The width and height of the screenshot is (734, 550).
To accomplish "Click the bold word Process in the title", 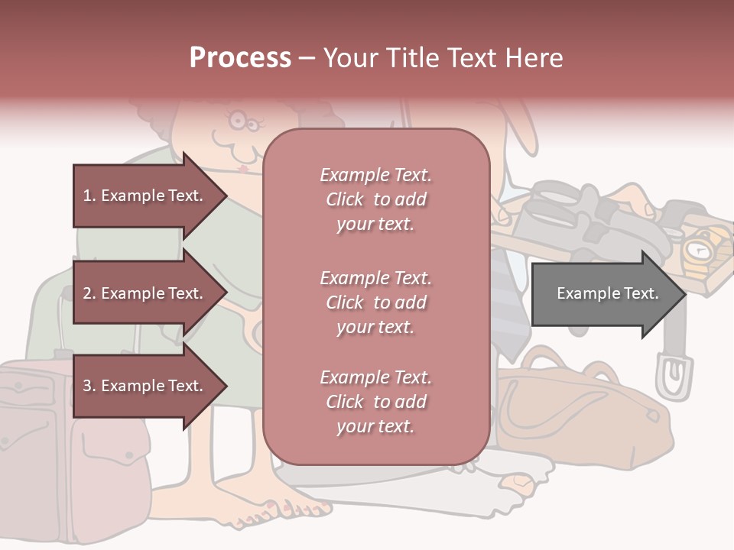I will click(x=240, y=58).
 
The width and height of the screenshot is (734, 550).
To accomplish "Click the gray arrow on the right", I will click(x=608, y=293).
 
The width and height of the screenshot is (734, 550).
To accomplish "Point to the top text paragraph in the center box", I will click(x=375, y=199).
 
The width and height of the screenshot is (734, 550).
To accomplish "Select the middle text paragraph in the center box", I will click(x=375, y=302).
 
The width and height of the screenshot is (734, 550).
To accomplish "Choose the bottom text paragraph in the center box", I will click(x=375, y=402).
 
